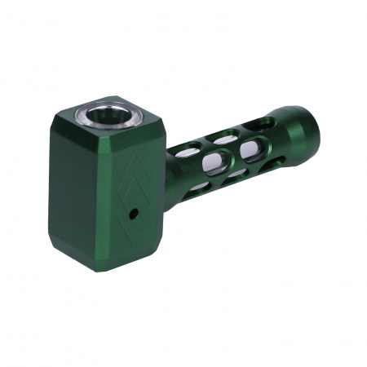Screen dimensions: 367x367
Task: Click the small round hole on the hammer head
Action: click(133, 214)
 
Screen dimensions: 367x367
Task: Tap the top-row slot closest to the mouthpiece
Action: click(263, 123)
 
